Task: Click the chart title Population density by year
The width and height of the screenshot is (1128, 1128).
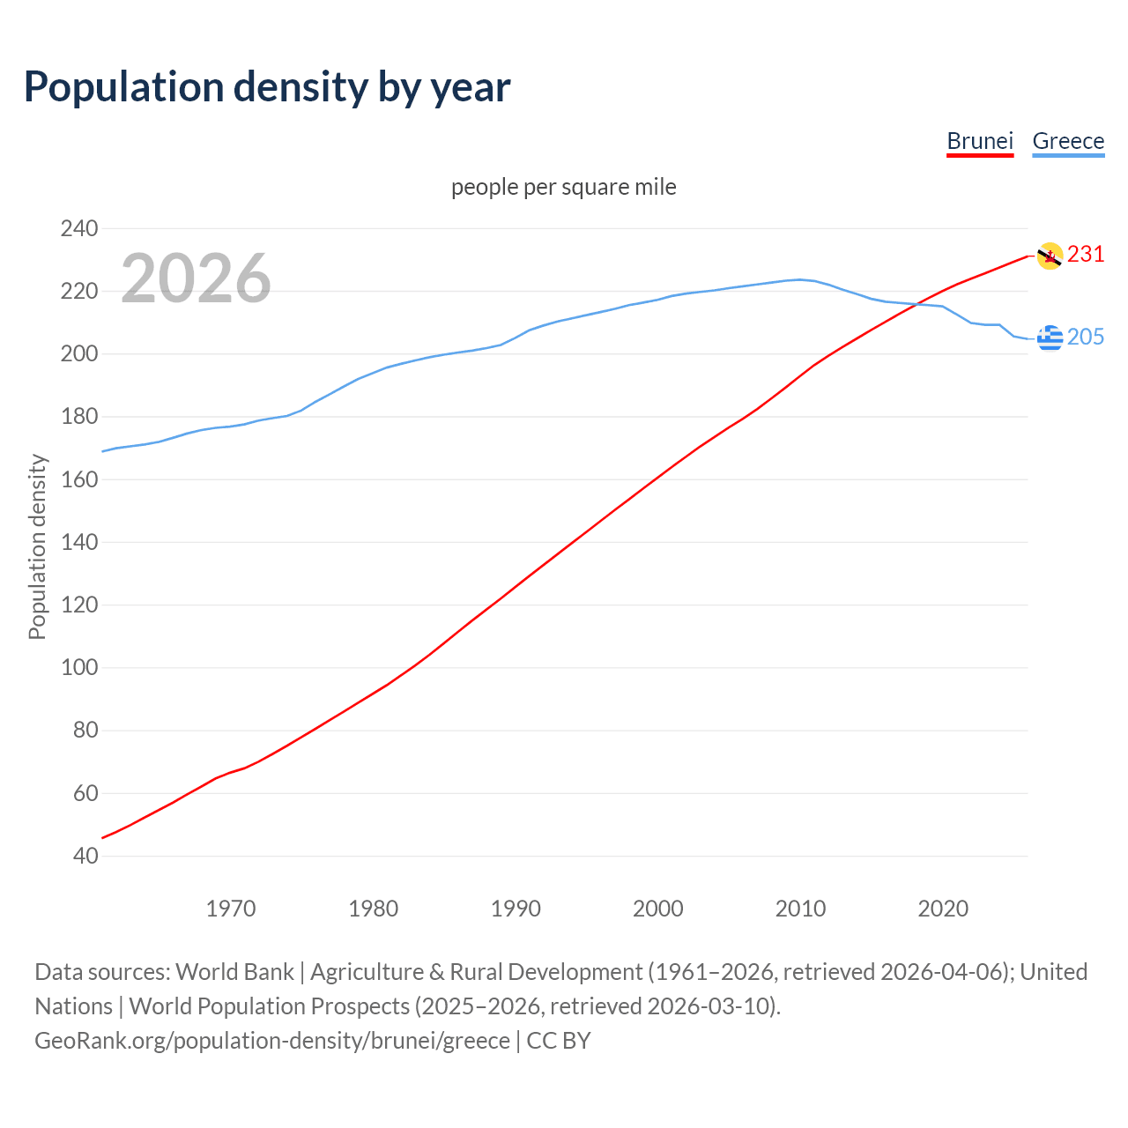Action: point(267,87)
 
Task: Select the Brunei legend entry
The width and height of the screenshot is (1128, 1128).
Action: point(980,141)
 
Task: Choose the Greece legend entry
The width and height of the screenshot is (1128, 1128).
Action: point(1068,141)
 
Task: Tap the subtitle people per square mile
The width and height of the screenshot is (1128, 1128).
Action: point(563,188)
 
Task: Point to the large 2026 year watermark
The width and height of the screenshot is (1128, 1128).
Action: point(196,278)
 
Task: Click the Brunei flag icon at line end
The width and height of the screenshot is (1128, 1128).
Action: point(1050,256)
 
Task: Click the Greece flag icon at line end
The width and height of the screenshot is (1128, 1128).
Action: point(1050,337)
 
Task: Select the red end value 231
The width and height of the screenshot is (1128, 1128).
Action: point(1086,255)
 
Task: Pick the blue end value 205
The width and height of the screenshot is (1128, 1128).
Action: point(1086,337)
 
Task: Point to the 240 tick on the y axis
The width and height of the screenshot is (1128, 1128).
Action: point(79,229)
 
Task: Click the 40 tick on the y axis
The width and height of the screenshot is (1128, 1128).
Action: point(85,856)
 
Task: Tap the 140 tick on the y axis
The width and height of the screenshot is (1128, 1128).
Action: point(79,542)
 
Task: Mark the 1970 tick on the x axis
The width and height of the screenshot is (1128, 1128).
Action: point(231,909)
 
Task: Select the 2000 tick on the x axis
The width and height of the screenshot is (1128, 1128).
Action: point(658,909)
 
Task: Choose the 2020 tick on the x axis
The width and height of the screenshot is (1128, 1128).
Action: point(943,909)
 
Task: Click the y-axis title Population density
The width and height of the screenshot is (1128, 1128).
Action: point(37,546)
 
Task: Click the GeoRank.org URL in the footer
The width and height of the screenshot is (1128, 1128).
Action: point(272,1041)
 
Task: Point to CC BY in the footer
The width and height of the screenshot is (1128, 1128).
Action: point(559,1041)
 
